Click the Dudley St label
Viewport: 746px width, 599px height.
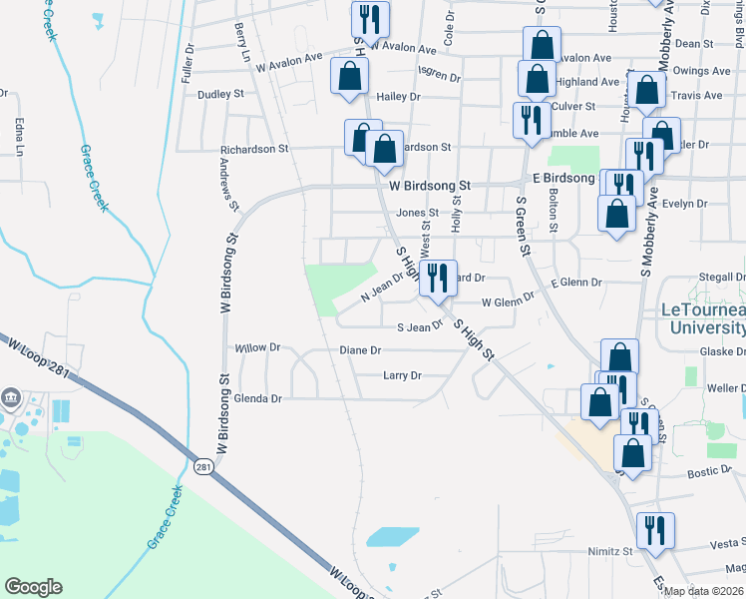point(221,94)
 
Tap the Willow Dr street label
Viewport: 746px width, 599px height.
point(253,348)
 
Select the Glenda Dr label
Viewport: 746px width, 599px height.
point(259,398)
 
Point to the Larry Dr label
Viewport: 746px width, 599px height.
point(403,375)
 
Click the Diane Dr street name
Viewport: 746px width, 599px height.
point(361,350)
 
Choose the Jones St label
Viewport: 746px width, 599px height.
point(417,213)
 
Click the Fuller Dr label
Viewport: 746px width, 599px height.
point(187,62)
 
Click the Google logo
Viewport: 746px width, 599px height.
point(33,587)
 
